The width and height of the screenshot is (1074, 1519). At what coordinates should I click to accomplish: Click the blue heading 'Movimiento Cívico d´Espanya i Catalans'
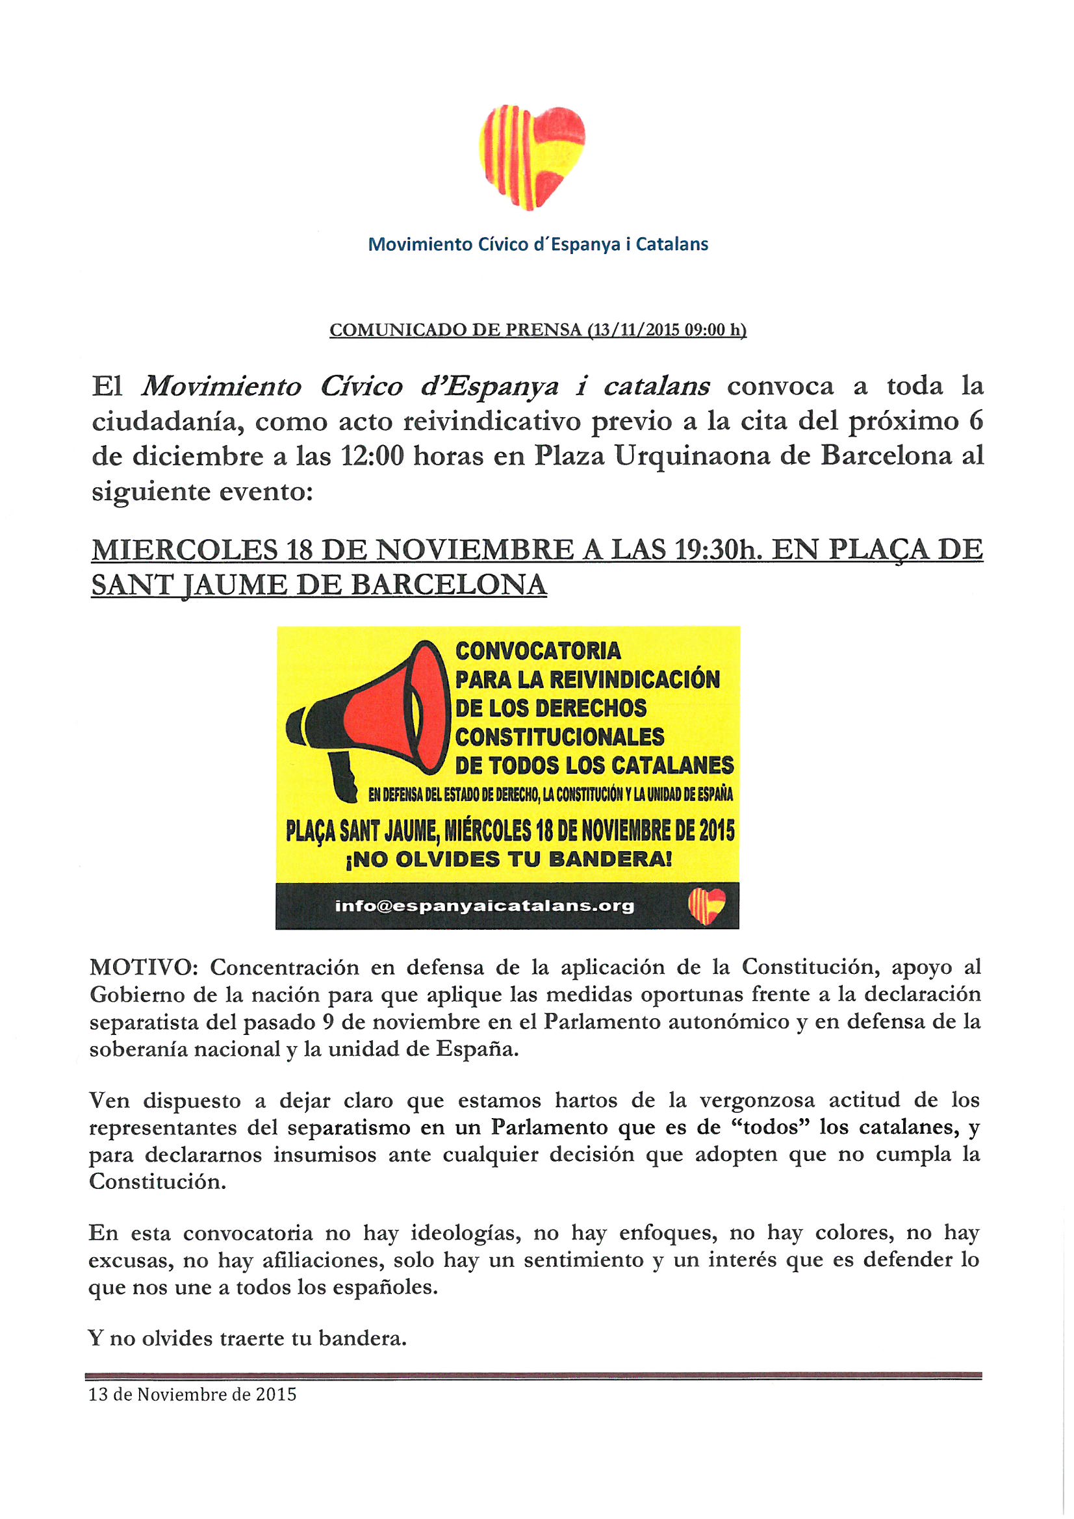pyautogui.click(x=537, y=244)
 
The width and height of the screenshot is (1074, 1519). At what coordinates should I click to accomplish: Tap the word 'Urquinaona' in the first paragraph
pyautogui.click(x=692, y=456)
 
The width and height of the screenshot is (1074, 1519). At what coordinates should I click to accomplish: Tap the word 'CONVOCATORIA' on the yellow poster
pyautogui.click(x=538, y=651)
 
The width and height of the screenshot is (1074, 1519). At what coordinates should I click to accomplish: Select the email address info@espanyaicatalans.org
pyautogui.click(x=485, y=906)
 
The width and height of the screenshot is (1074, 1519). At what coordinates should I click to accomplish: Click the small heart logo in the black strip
pyautogui.click(x=707, y=906)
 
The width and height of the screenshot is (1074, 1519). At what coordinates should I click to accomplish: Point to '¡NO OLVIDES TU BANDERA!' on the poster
pyautogui.click(x=509, y=860)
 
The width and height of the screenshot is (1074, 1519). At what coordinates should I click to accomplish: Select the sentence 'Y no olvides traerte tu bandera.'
pyautogui.click(x=247, y=1338)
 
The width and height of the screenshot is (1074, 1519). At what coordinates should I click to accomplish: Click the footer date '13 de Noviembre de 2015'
pyautogui.click(x=192, y=1395)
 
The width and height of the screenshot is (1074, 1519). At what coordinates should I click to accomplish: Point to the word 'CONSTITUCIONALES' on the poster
pyautogui.click(x=559, y=737)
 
